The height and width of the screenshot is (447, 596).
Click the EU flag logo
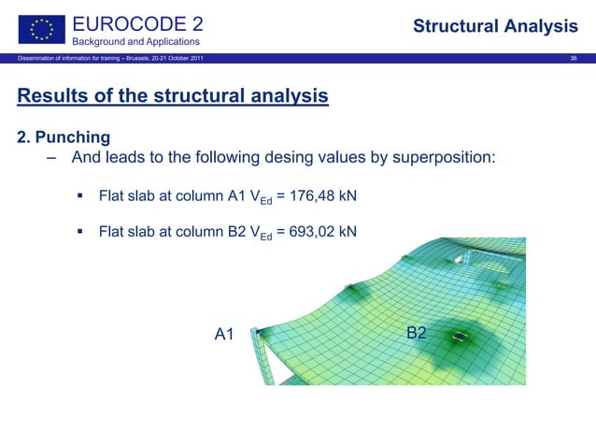(39, 28)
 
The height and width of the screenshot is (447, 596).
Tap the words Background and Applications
(136, 42)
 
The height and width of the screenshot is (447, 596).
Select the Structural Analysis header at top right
(495, 26)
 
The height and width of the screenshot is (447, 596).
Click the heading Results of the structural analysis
(173, 96)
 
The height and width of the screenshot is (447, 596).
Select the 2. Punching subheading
(64, 137)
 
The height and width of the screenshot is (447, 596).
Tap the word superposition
(443, 158)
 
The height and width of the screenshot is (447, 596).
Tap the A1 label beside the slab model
(224, 334)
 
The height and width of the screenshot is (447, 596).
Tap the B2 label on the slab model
(417, 333)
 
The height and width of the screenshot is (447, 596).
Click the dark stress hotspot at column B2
(460, 336)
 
